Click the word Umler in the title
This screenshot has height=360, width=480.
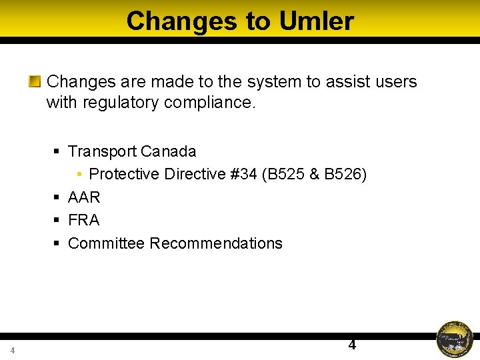click(316, 21)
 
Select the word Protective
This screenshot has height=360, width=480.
click(124, 174)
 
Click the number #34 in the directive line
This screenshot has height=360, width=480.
click(243, 174)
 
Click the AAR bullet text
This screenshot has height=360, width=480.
click(84, 197)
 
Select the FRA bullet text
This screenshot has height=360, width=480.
click(83, 220)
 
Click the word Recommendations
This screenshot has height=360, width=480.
click(216, 243)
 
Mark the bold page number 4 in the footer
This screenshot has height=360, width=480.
click(352, 345)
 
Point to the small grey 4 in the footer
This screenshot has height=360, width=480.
click(12, 351)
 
